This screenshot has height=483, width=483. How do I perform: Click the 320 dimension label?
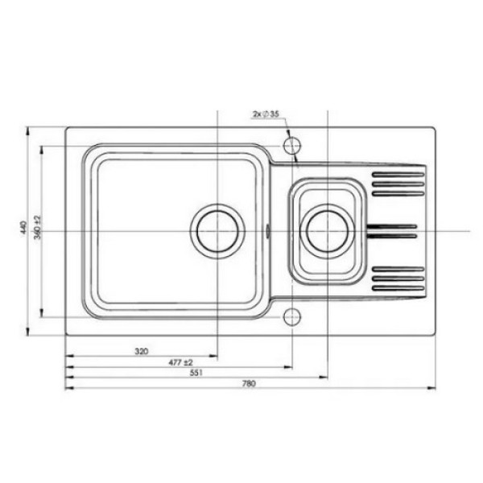click(142, 351)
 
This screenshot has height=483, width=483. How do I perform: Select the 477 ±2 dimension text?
click(180, 362)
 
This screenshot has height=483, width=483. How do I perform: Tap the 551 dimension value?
click(196, 373)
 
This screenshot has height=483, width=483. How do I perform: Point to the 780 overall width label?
click(249, 383)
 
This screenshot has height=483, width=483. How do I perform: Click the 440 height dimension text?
click(24, 227)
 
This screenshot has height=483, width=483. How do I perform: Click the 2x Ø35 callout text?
click(266, 114)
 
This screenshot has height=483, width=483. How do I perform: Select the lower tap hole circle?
click(291, 317)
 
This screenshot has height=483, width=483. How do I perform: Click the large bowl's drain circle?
click(217, 204)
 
